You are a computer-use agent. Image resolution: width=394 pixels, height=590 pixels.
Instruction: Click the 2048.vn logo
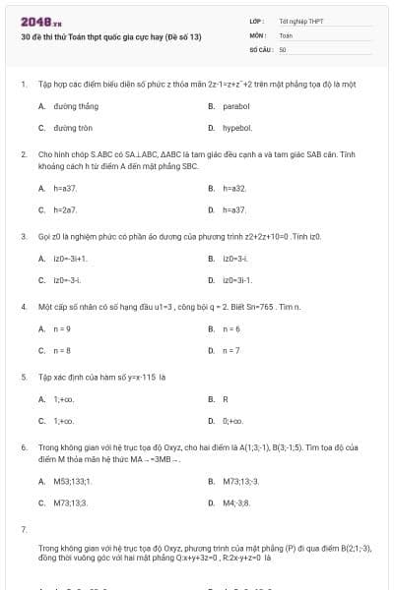[x=41, y=21]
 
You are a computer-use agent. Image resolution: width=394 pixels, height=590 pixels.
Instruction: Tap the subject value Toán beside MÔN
[x=286, y=34]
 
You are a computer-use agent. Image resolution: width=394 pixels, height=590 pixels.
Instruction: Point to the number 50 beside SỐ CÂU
[x=283, y=48]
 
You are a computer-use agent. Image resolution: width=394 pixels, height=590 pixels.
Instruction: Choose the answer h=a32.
[x=233, y=188]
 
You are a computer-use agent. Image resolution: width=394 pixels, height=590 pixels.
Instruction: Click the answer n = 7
[x=231, y=350]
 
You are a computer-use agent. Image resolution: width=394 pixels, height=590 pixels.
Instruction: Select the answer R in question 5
[x=226, y=399]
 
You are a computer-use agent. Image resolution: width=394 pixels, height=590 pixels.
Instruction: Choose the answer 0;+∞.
[x=236, y=421]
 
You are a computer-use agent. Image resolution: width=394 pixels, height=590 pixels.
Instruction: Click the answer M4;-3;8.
[x=237, y=502]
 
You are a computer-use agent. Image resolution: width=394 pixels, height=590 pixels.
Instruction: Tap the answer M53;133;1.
[x=72, y=481]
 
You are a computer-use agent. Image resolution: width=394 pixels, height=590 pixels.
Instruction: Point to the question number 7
[x=23, y=529]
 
